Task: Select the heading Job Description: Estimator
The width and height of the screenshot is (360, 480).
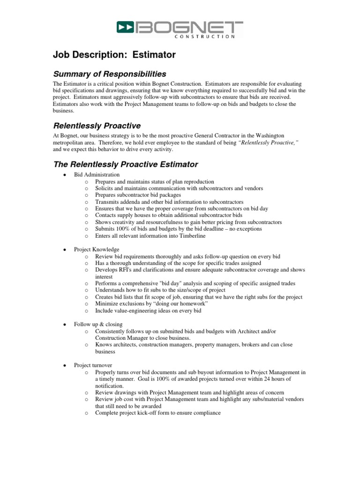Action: coord(114,55)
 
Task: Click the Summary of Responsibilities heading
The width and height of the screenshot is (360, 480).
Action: coord(109,74)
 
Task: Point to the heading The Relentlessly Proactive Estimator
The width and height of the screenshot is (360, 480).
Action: coord(125,164)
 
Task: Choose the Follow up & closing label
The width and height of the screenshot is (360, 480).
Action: coord(98,324)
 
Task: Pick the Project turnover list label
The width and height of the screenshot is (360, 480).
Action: coord(93,365)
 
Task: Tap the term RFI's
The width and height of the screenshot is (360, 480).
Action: coord(128,270)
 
